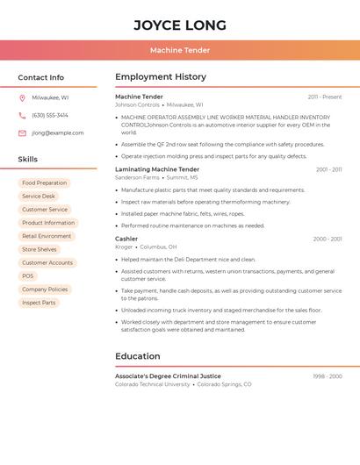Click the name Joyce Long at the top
[180, 25]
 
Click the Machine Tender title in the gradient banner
[180, 51]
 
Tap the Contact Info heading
[41, 77]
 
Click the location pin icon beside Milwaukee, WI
[22, 97]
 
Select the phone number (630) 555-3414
[50, 115]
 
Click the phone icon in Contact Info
[22, 115]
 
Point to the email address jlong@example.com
[58, 133]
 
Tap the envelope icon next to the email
[22, 133]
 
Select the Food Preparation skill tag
[45, 183]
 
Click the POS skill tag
[28, 276]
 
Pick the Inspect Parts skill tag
[39, 303]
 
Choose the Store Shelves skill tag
[40, 250]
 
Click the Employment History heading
[161, 77]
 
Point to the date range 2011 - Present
[324, 97]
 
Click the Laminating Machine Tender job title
[157, 169]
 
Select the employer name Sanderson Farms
[137, 177]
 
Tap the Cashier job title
[126, 239]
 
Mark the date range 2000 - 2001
[327, 239]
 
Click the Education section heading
[138, 356]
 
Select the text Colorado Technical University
[153, 384]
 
